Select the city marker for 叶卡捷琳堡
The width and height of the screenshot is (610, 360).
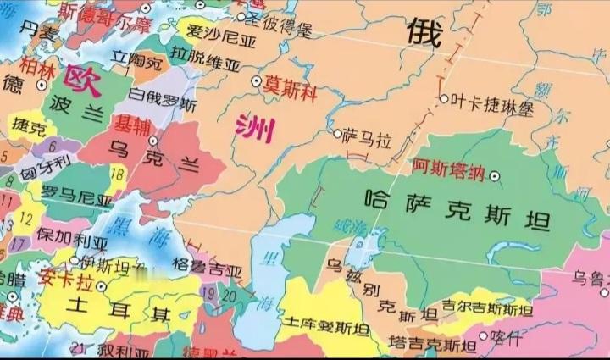pos(443,99)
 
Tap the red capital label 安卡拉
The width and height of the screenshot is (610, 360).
pos(64,277)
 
